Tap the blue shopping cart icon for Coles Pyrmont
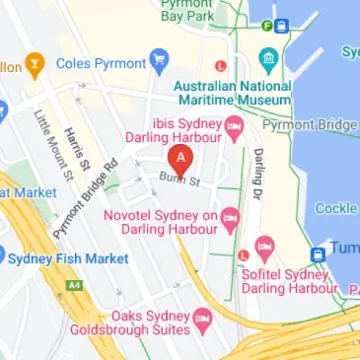(159, 64)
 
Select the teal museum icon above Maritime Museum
(267, 55)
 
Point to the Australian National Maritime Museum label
(233, 93)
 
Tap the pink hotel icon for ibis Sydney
(234, 125)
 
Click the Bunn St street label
(180, 181)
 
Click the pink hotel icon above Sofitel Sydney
(263, 246)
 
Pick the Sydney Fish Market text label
(68, 258)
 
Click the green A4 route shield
(75, 286)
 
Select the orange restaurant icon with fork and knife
(36, 65)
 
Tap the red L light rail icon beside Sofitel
(243, 256)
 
